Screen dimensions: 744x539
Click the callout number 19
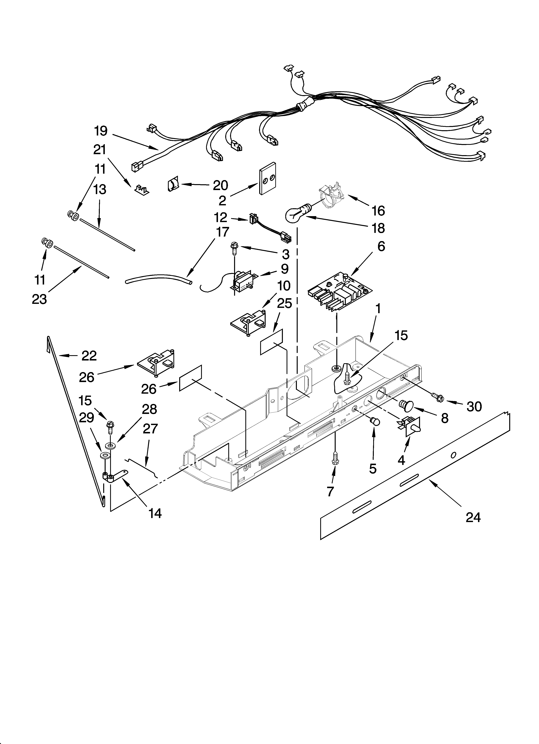click(x=101, y=131)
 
